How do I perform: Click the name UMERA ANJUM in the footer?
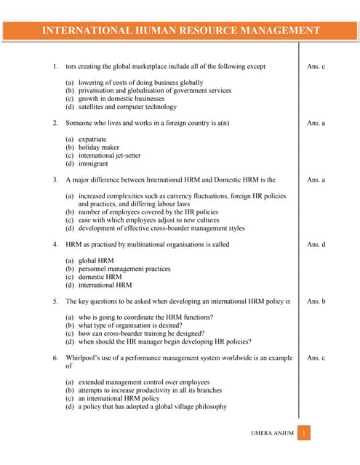pyautogui.click(x=272, y=434)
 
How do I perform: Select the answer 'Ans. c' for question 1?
pyautogui.click(x=316, y=67)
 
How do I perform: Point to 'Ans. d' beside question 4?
pyautogui.click(x=316, y=244)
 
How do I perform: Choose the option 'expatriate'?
pyautogui.click(x=92, y=139)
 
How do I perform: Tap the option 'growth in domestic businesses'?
pyautogui.click(x=121, y=99)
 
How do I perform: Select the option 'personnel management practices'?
pyautogui.click(x=124, y=269)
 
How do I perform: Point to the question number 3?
pyautogui.click(x=55, y=179)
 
